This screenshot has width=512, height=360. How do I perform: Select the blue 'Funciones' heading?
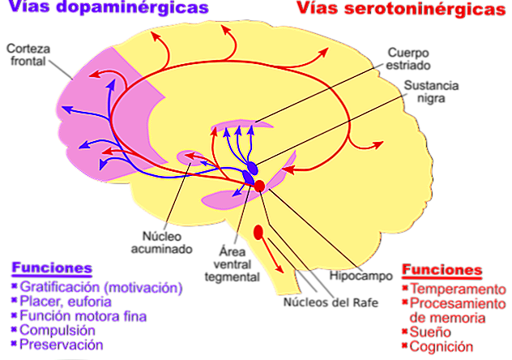(x=50, y=268)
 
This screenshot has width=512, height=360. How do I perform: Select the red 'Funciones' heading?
(x=442, y=271)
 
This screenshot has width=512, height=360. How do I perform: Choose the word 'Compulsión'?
(x=57, y=331)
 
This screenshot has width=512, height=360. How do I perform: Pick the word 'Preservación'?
(x=62, y=345)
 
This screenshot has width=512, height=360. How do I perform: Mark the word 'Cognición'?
(x=440, y=346)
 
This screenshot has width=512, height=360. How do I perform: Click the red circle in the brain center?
(x=259, y=186)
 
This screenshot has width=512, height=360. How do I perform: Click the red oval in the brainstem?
(x=258, y=233)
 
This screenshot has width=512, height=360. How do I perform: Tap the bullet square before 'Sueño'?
(x=404, y=332)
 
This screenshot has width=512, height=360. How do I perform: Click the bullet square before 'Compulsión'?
(x=13, y=331)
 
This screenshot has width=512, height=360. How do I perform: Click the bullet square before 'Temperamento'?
(x=404, y=289)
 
